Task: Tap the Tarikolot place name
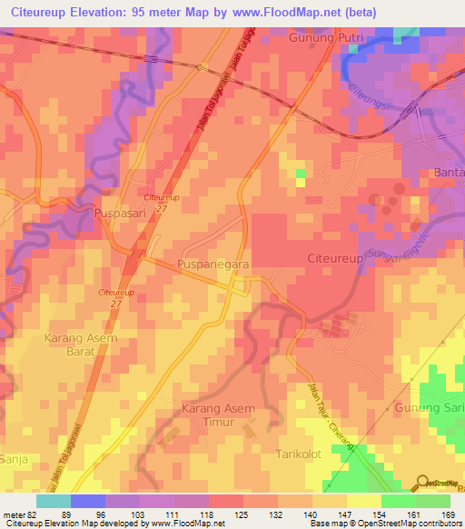point(300,452)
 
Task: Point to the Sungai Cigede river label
point(387,243)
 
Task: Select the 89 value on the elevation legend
point(66,514)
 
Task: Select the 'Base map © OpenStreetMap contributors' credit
point(385,524)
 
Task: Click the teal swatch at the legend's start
point(53,501)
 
